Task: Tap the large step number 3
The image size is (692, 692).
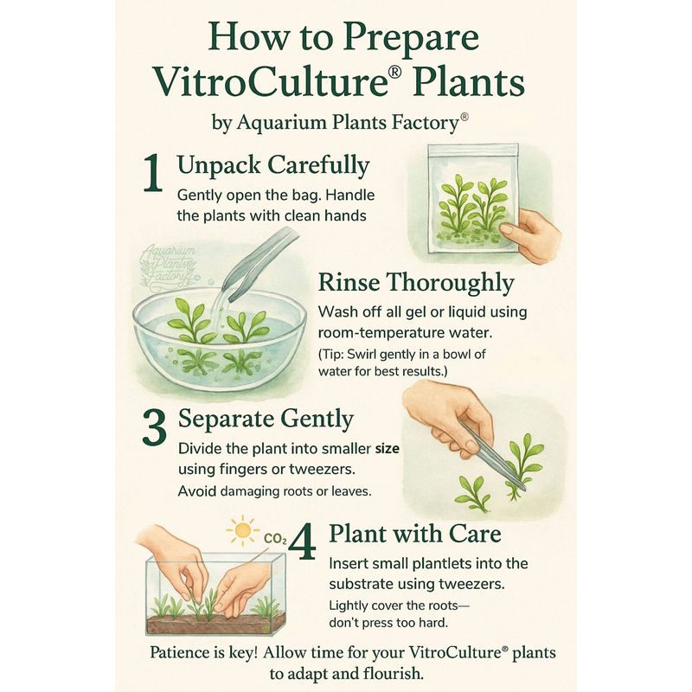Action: [x=155, y=427]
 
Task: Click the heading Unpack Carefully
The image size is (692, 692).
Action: [x=273, y=165]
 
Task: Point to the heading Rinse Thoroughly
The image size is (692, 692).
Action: [x=416, y=283]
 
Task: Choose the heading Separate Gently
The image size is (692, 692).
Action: [x=266, y=419]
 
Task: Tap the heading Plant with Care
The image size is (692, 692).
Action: [x=415, y=534]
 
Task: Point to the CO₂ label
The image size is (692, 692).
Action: [x=275, y=539]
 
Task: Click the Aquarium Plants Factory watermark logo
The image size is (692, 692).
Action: [x=168, y=268]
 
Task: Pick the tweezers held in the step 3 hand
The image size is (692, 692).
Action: [x=492, y=456]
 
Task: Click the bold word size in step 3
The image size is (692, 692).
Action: [x=387, y=449]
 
